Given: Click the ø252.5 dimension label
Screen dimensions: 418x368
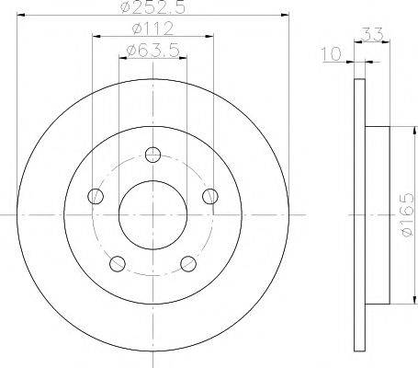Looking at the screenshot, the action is (153, 6).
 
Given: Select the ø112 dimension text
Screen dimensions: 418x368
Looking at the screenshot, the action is (153, 29).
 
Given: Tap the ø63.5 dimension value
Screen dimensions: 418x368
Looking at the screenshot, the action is (153, 51).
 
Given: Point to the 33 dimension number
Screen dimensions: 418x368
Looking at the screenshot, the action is (372, 34).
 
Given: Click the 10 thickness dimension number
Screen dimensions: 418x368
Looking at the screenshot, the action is (331, 54).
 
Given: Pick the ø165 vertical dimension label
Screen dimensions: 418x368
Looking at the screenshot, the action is (407, 214).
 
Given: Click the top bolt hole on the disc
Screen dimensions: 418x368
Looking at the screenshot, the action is (153, 155).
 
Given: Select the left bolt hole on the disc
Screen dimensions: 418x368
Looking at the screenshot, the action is (96, 196).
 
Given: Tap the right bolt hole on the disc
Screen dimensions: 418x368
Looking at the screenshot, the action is (210, 196).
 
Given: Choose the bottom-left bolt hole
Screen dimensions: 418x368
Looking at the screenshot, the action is (118, 263).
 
